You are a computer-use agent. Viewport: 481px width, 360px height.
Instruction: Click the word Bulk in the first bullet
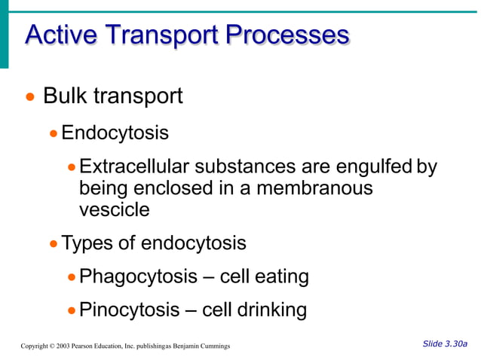point(66,96)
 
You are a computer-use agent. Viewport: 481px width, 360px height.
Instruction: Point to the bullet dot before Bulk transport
point(30,98)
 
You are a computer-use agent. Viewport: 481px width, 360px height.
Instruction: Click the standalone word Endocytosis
point(115,133)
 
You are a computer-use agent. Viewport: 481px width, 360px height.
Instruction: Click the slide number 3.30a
point(456,344)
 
